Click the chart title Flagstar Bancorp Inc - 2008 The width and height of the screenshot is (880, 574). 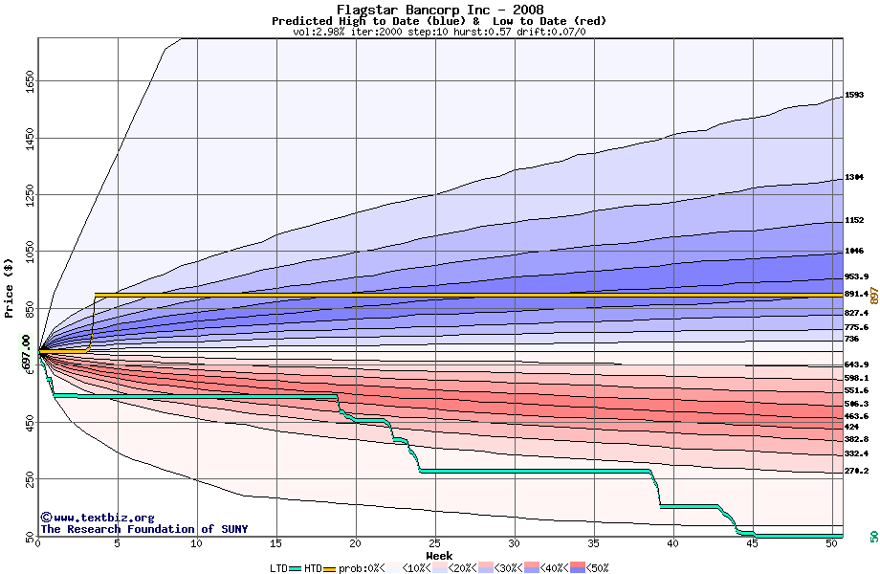(439, 10)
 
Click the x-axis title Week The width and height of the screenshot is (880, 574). (439, 555)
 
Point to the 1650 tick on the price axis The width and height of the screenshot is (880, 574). (30, 84)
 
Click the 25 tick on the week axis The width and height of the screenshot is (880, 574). (435, 543)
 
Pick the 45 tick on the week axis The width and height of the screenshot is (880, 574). (754, 543)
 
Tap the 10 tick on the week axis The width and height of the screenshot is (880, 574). (197, 543)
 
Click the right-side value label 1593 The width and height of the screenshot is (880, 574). (854, 95)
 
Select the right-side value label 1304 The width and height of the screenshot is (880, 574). (854, 178)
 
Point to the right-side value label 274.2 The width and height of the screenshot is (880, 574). (856, 471)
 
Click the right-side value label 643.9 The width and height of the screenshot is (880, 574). (856, 364)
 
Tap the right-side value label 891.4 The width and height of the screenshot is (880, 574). (856, 294)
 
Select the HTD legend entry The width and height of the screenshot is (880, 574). (313, 568)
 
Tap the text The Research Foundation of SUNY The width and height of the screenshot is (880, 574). (143, 529)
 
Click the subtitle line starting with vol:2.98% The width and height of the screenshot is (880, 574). (439, 32)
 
